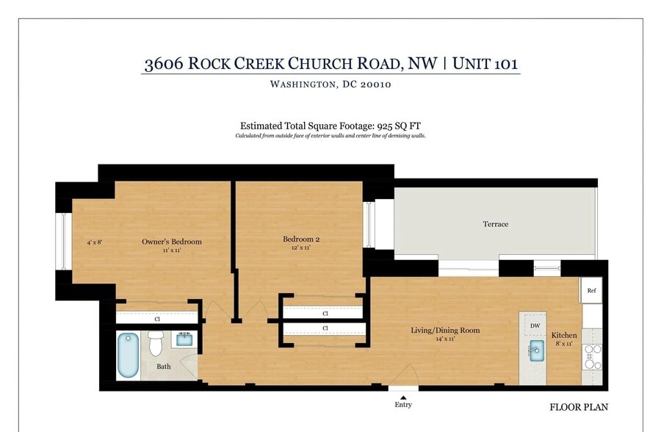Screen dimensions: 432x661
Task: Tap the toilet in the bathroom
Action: tap(155, 342)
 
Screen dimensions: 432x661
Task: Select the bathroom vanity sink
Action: tap(184, 339)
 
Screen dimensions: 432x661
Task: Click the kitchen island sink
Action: tap(535, 350)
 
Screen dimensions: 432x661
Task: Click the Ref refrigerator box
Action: tap(591, 291)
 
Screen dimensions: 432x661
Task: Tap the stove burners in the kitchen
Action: tap(592, 357)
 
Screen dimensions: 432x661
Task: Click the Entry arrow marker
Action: tap(403, 397)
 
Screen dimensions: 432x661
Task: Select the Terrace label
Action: tap(495, 224)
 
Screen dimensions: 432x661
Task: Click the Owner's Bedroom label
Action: tap(171, 242)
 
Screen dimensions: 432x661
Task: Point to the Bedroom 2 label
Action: tap(301, 239)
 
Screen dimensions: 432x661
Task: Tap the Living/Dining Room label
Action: tap(445, 330)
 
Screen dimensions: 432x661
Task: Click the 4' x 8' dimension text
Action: tap(95, 242)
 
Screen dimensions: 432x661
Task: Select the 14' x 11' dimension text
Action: tap(445, 339)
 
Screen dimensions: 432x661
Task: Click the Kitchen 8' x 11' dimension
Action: tap(564, 344)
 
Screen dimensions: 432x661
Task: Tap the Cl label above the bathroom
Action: tap(157, 320)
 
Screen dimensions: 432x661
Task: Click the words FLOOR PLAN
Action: tap(579, 407)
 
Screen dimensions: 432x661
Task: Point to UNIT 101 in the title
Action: tap(485, 63)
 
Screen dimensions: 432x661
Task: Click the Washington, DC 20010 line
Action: tap(330, 84)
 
